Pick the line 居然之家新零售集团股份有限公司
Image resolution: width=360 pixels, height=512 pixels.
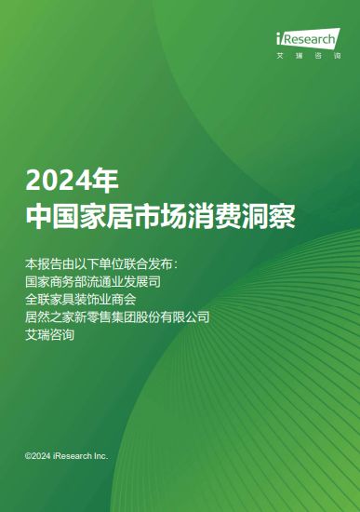(x=117, y=317)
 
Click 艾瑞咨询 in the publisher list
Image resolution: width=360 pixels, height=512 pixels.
(x=49, y=335)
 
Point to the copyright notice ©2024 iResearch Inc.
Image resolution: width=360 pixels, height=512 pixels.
(x=66, y=456)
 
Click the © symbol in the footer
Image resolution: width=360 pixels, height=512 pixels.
(x=29, y=456)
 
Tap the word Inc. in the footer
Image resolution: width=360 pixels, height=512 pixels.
(x=100, y=456)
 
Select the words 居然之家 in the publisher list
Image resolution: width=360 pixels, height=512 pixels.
(x=49, y=317)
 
